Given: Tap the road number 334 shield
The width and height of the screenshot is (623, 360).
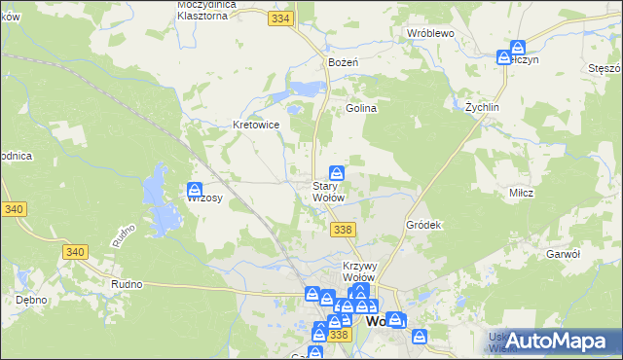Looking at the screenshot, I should tap(282, 19).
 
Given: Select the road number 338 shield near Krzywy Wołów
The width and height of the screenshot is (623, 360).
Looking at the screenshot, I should tap(342, 229).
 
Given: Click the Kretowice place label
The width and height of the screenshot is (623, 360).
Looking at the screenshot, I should tap(257, 125).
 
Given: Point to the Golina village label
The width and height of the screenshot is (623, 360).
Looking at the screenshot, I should tap(361, 109).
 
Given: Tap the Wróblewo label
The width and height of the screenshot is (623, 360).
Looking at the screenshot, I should tap(431, 32).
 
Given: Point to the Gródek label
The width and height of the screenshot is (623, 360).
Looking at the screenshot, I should tap(424, 225).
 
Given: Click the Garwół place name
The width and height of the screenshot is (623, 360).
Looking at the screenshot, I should tap(564, 253).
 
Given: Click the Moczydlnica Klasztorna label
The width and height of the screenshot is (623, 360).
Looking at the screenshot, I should tap(209, 11).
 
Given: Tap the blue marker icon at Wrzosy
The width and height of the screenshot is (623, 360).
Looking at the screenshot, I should tap(195, 189).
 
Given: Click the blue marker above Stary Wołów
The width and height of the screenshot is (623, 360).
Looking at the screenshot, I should tap(336, 171).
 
